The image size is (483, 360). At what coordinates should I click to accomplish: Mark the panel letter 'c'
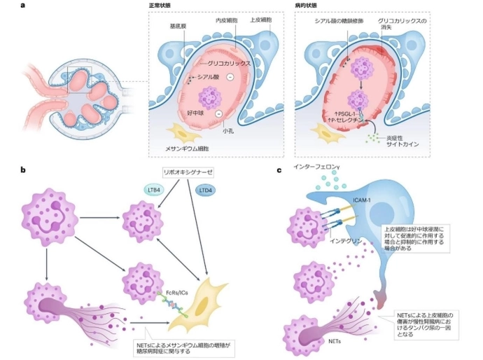[x=280, y=170]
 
